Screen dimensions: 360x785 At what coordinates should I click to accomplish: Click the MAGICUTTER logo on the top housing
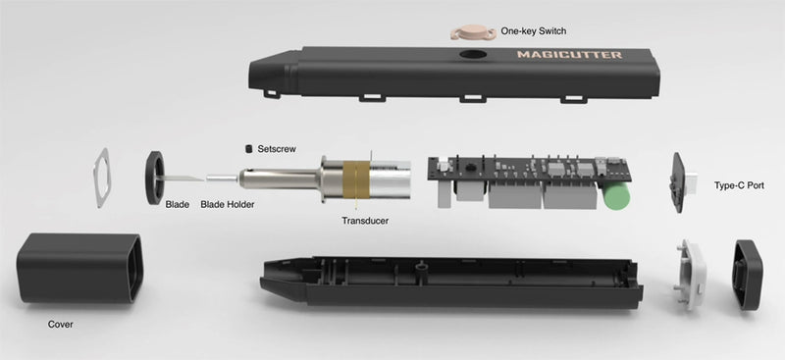pos(569,55)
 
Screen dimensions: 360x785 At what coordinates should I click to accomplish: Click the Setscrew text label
pos(277,149)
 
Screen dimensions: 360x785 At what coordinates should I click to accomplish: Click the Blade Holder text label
pos(228,205)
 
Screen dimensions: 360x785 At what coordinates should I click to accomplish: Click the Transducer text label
pos(364,221)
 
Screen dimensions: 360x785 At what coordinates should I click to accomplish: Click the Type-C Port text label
pos(741,184)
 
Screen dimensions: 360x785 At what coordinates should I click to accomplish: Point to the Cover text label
pos(61,324)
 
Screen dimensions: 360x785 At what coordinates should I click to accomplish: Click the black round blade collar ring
pos(155,177)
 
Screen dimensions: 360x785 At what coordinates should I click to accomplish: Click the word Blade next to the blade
pos(177,205)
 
